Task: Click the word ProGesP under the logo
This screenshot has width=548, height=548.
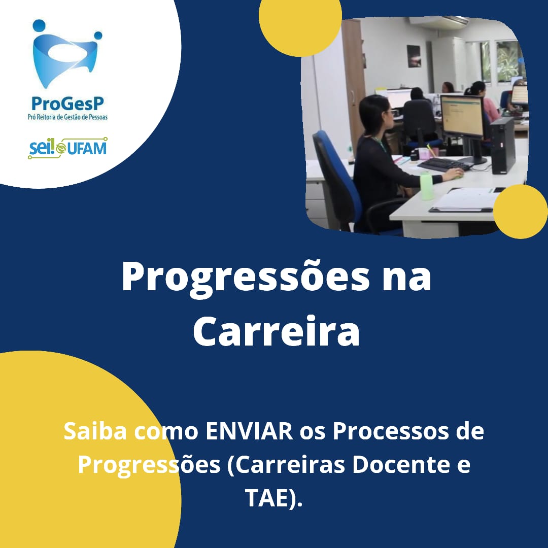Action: [68, 104]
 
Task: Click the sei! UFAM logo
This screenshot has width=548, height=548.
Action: [67, 148]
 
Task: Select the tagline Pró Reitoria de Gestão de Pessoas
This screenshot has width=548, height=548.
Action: [68, 117]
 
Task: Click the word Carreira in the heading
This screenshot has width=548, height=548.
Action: [276, 331]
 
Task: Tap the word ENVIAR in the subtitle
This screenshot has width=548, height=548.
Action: [250, 431]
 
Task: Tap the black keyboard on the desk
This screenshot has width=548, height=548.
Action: [440, 164]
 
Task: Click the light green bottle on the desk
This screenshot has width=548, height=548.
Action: [427, 185]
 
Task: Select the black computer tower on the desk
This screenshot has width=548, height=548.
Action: [502, 146]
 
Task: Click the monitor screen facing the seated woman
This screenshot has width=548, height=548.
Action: [462, 115]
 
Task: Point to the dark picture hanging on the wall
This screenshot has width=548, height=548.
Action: [414, 56]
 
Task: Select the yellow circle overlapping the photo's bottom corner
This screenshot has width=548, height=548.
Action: [521, 212]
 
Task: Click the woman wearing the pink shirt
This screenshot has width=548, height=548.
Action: [484, 101]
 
